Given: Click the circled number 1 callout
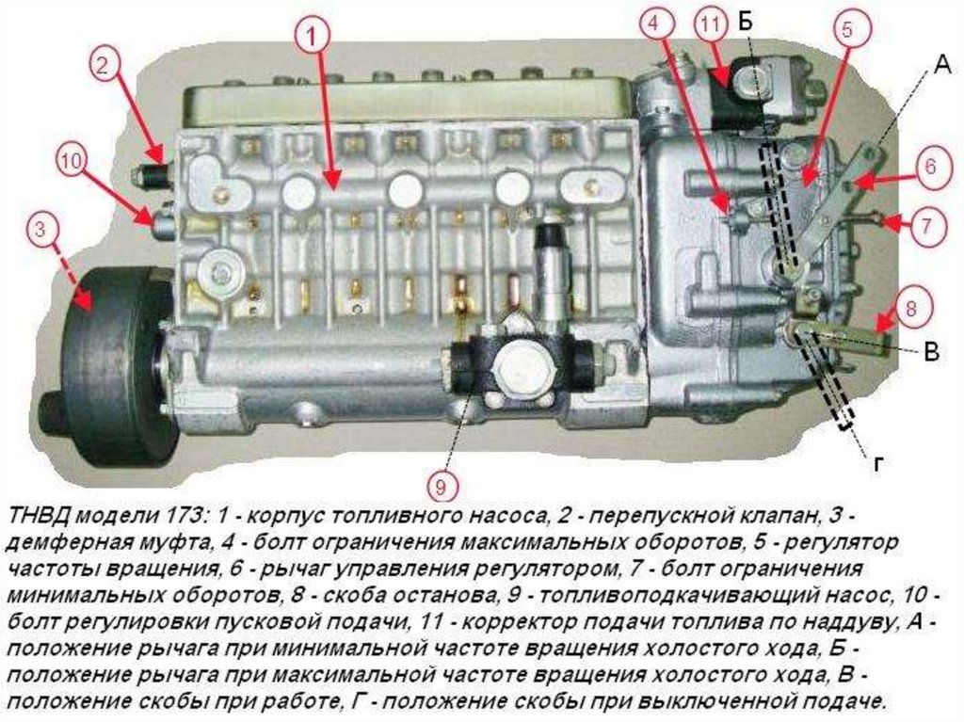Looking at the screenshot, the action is [x=313, y=37].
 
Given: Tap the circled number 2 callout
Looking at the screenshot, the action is [x=104, y=64].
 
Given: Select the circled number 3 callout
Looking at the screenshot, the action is [x=40, y=230].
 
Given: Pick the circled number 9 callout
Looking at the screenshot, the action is [x=441, y=487].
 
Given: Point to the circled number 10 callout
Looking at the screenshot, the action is [x=72, y=161].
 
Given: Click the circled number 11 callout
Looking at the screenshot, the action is [x=710, y=25].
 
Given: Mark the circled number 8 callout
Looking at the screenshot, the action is [x=911, y=307].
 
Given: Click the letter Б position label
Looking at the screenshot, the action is [x=747, y=23].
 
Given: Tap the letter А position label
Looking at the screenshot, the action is [x=941, y=63].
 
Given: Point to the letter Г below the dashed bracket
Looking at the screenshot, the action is [x=878, y=465].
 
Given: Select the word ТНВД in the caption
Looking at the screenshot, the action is [x=41, y=515].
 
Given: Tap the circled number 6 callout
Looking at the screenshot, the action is [x=930, y=166].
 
